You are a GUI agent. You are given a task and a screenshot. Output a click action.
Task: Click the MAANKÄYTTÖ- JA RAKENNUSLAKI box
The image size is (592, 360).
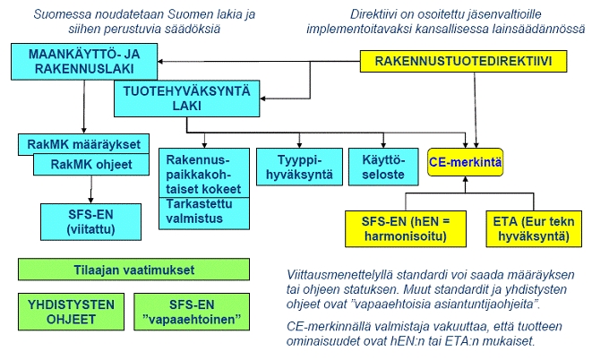pos(84,62)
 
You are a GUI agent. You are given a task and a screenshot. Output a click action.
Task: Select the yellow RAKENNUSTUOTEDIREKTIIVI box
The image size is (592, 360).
pos(464,61)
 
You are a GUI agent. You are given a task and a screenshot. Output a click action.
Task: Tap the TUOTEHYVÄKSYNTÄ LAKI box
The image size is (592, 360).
pos(187,99)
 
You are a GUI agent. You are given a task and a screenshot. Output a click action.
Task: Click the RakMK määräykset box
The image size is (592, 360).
pos(84,144)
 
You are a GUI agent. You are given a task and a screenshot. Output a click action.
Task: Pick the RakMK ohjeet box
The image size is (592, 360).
pos(91,165)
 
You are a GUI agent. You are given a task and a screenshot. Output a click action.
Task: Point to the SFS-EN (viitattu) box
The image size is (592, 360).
pos(91,222)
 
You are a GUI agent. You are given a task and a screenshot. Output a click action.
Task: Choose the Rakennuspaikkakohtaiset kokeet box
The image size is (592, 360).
pos(204,173)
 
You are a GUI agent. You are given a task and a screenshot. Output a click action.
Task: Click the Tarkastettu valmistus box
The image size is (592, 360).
pos(204,213)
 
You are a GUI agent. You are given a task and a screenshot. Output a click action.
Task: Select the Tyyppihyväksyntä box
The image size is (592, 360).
pos(299,167)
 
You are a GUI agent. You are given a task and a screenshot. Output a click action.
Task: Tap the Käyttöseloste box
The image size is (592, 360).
pos(383,167)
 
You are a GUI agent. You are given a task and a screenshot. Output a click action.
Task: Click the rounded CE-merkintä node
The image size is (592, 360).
pos(465,162)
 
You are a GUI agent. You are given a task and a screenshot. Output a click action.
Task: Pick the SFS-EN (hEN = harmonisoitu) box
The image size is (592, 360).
pos(406,229)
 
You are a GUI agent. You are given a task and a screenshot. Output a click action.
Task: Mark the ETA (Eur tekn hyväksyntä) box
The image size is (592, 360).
pos(534,229)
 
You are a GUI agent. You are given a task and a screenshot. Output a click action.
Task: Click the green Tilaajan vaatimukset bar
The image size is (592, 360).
pos(133,270)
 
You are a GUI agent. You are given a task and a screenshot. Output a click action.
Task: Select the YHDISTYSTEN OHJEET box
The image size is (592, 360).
pos(71,312)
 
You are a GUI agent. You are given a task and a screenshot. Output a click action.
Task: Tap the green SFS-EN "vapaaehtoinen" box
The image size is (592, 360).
pos(192,312)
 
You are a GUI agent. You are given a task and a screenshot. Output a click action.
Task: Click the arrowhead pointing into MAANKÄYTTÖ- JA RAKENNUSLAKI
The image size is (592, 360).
pos(160,61)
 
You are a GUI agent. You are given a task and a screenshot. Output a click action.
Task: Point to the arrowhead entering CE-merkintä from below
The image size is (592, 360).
pos(465,179)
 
